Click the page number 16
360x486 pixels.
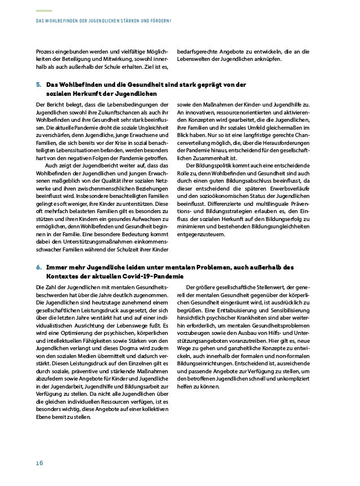click(39, 462)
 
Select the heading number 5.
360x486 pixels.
click(38, 85)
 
